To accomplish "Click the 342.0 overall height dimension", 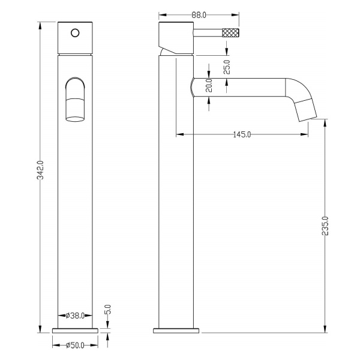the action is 40,170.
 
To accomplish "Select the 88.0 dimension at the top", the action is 199,15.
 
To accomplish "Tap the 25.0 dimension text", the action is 227,67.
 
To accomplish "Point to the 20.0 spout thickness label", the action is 209,85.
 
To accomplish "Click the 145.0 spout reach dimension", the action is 242,134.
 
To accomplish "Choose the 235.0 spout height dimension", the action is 325,226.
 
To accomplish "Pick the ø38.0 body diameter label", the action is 75,316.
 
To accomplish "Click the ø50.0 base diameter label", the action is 75,346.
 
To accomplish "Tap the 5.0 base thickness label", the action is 107,310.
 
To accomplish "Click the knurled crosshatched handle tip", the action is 231,32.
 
